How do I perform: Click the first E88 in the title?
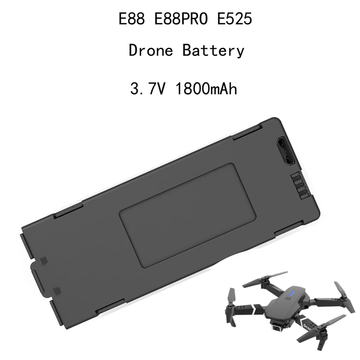click(131, 18)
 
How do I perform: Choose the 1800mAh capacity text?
click(206, 88)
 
